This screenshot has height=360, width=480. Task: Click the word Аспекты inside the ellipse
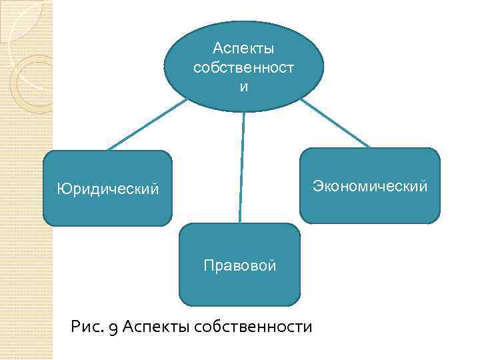[243, 49]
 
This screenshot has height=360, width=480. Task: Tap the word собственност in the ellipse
[243, 68]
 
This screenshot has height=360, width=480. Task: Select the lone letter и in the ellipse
[243, 87]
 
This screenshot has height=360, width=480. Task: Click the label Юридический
[107, 189]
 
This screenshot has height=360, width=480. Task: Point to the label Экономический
[370, 186]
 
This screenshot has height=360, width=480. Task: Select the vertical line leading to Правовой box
[241, 167]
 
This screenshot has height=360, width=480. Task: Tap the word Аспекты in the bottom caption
[156, 327]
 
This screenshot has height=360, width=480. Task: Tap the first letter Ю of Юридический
[62, 189]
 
